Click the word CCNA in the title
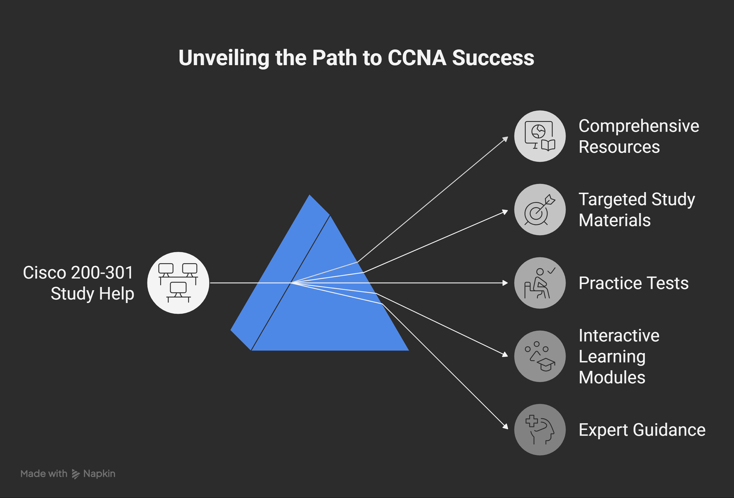(x=417, y=58)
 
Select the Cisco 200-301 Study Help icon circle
(x=178, y=283)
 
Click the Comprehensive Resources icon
(x=540, y=136)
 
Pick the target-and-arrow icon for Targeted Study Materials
(x=540, y=210)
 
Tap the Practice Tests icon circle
(x=540, y=283)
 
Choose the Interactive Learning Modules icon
(x=540, y=356)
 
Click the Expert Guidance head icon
(x=540, y=430)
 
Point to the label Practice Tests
(x=633, y=283)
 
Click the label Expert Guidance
(x=642, y=430)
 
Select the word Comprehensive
(x=639, y=126)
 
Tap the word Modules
(x=612, y=377)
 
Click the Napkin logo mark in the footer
(x=76, y=474)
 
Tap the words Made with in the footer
(x=44, y=474)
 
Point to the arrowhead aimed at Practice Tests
(x=505, y=283)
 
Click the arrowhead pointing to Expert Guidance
(x=506, y=426)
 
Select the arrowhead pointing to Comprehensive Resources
(x=506, y=138)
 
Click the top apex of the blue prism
(x=310, y=196)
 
